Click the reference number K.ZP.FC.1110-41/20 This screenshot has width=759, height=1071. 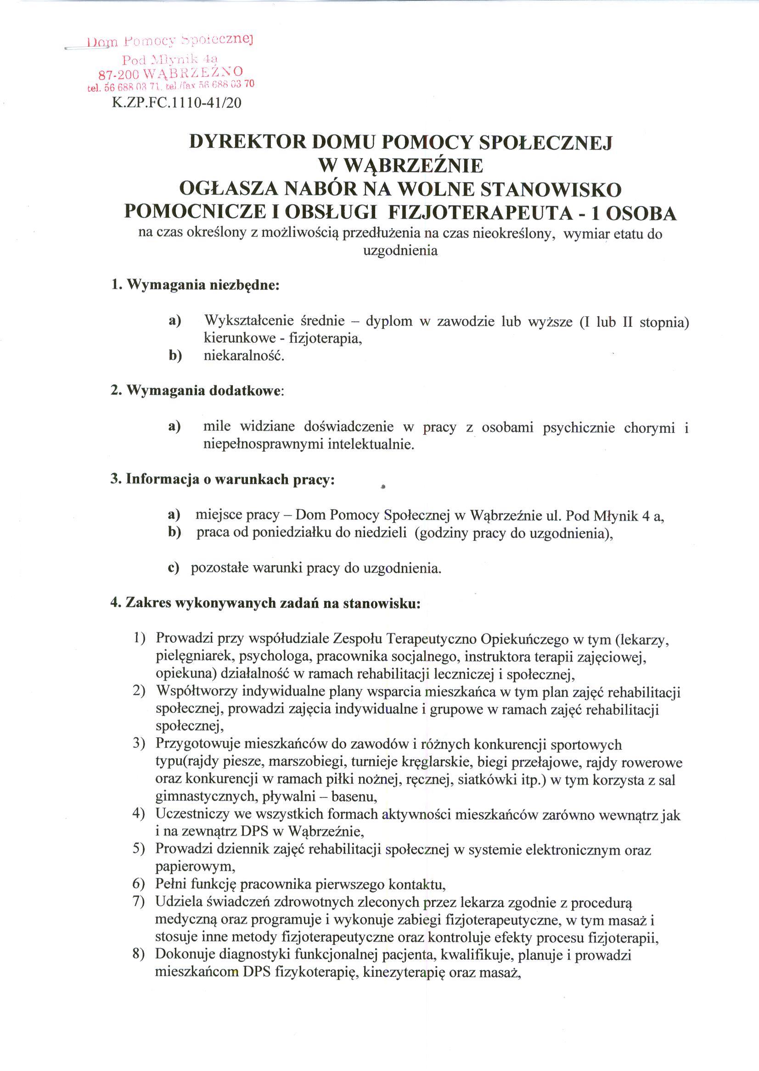pyautogui.click(x=177, y=102)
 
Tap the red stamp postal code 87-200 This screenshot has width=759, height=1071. pyautogui.click(x=115, y=74)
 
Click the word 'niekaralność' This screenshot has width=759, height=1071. pyautogui.click(x=244, y=356)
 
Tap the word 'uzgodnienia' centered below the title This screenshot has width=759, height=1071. pyautogui.click(x=400, y=251)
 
